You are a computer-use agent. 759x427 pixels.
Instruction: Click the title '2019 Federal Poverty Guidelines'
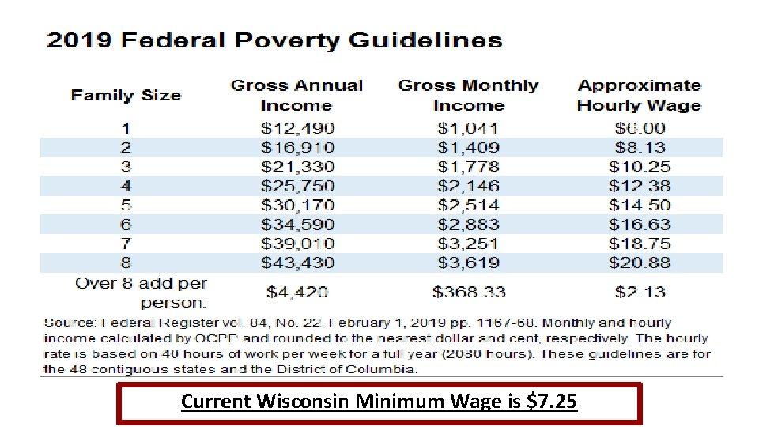274,41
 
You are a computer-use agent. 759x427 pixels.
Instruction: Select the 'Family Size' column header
126,96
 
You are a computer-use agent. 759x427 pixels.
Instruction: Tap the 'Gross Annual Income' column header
296,96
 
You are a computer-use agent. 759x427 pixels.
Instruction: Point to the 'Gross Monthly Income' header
468,96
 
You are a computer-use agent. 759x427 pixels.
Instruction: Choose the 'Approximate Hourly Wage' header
639,96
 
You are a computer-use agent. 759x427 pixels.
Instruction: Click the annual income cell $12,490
298,128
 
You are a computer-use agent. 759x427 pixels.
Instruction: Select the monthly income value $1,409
468,147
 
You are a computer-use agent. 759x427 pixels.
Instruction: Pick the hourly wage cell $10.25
639,167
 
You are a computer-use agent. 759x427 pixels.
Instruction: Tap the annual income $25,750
298,186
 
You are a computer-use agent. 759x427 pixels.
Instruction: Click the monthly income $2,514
468,206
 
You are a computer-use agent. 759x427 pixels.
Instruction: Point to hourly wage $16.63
639,225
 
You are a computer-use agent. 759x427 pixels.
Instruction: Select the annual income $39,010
298,244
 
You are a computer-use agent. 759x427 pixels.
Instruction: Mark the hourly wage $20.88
639,263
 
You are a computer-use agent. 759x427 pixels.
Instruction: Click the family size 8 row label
126,263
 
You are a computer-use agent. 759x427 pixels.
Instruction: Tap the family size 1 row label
126,128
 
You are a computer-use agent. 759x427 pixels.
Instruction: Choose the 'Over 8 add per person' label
141,293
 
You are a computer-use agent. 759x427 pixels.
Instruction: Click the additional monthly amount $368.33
468,293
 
